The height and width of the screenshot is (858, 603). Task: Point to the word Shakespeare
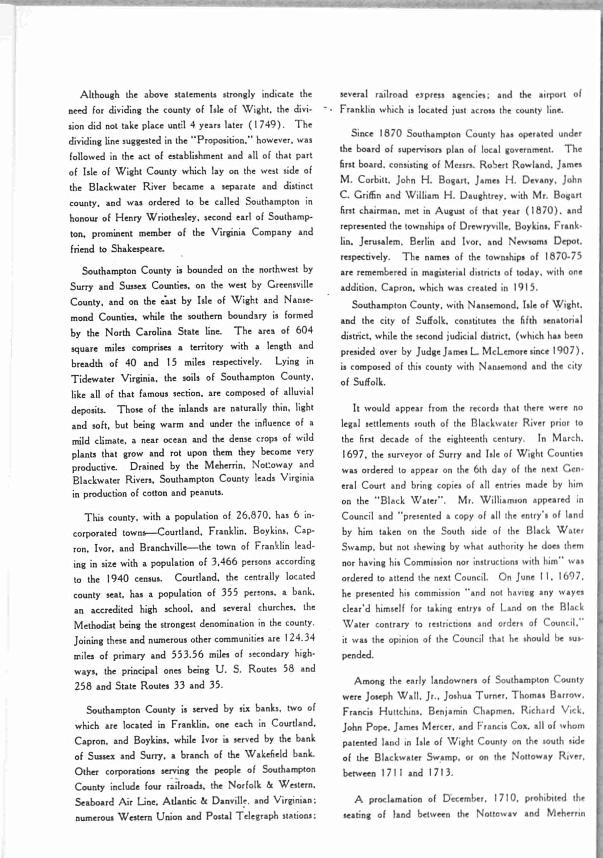pos(138,249)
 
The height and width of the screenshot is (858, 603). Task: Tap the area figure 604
pos(304,330)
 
